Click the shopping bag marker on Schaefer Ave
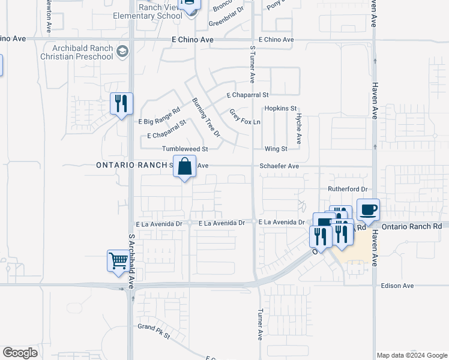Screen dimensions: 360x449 185,166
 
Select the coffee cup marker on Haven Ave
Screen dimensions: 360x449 368,209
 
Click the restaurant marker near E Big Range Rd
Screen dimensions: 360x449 121,104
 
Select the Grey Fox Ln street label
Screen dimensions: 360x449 244,117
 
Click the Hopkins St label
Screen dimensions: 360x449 281,109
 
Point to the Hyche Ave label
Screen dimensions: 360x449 298,129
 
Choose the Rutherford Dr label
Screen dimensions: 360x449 347,189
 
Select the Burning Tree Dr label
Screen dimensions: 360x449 206,117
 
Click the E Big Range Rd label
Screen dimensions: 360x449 160,112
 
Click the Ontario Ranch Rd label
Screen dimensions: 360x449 411,226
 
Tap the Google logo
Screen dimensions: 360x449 20,353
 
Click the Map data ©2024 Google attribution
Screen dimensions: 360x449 412,355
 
